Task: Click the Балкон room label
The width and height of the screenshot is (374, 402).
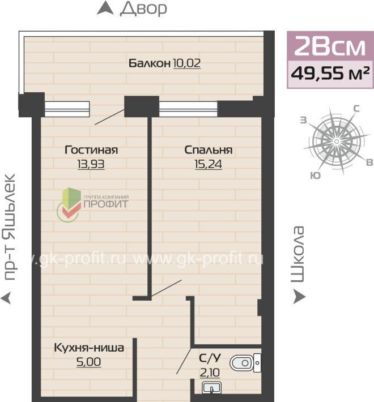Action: (149, 63)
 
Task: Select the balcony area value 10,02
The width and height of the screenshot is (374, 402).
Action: (187, 63)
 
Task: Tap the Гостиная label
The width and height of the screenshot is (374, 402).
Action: (91, 150)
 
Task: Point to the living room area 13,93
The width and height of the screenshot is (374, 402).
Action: (91, 164)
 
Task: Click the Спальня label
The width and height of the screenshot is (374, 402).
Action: (209, 150)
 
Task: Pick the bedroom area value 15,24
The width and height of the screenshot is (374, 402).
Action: (209, 164)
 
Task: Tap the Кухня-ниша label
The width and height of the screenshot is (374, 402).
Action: (89, 348)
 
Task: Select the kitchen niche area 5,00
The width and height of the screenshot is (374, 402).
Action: (89, 362)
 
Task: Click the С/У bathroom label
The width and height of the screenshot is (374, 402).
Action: (210, 358)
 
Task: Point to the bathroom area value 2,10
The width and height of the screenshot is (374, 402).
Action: (210, 373)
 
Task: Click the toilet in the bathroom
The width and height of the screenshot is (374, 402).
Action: (245, 363)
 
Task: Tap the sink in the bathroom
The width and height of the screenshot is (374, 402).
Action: (212, 388)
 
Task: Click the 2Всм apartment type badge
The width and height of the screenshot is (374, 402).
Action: (330, 46)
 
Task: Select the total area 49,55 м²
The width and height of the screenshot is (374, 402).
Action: (330, 74)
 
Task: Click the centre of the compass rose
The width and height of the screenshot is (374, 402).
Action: (337, 142)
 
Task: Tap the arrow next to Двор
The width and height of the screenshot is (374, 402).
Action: (105, 8)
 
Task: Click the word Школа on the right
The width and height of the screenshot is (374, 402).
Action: (298, 255)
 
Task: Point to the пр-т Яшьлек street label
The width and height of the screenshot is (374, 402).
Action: (9, 227)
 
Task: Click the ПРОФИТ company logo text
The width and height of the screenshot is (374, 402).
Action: (106, 204)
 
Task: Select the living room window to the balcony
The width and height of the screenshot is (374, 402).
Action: (67, 109)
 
